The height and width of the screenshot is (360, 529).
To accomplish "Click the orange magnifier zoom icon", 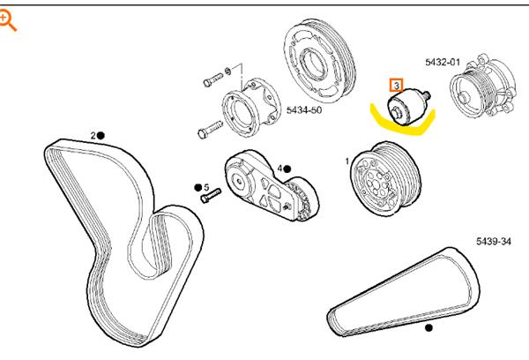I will pyautogui.click(x=10, y=19).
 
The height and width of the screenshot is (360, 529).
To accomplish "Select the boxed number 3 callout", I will pyautogui.click(x=397, y=86).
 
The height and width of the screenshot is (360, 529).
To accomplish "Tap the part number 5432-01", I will pyautogui.click(x=442, y=63).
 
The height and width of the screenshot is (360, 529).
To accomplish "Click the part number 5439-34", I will pyautogui.click(x=494, y=241).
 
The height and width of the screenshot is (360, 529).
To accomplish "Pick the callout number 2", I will pyautogui.click(x=92, y=135).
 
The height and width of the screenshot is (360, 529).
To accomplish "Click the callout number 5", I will pyautogui.click(x=206, y=187).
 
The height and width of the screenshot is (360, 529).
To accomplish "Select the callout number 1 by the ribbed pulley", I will pyautogui.click(x=346, y=161).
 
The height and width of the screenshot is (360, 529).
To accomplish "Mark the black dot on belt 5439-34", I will pyautogui.click(x=429, y=328).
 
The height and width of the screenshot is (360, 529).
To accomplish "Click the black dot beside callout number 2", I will pyautogui.click(x=101, y=135).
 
